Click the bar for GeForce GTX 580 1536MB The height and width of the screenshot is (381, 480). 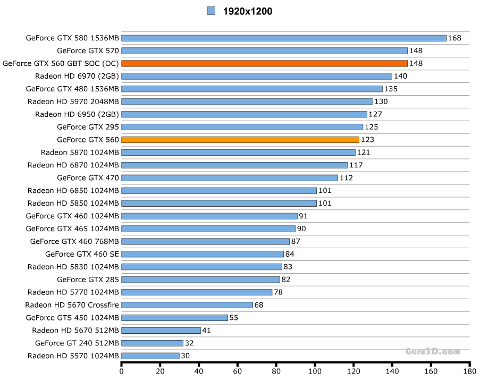click(284, 38)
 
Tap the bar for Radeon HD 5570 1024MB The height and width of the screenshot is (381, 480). click(150, 356)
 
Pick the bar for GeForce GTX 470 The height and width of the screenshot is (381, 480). click(230, 178)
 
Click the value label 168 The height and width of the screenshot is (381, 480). click(454, 38)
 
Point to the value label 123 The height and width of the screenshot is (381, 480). click(367, 140)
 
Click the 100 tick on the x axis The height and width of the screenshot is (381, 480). click(315, 371)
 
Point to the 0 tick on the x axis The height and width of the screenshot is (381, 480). click(122, 371)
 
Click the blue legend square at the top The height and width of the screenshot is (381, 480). click(211, 11)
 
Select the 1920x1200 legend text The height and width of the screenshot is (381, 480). click(248, 11)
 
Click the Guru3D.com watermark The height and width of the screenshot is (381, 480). click(433, 351)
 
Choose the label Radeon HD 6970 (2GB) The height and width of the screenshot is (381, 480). click(77, 76)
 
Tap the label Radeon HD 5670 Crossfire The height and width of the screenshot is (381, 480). click(72, 305)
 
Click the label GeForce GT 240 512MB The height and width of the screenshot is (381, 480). click(77, 343)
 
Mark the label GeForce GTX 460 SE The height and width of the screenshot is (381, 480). click(82, 254)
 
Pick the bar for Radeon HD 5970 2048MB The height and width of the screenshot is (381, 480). click(247, 101)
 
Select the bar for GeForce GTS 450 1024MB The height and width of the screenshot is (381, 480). click(175, 318)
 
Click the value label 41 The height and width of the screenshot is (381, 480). click(207, 331)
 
